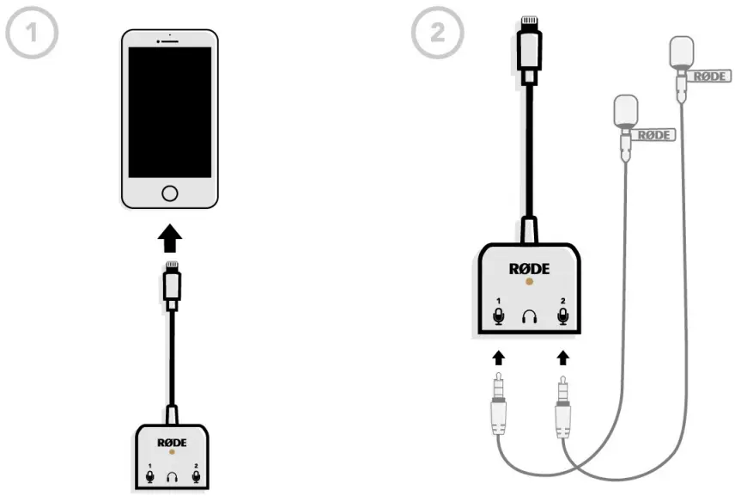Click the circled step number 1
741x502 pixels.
[x=32, y=35]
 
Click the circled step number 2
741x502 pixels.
[x=438, y=35]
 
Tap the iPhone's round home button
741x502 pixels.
[x=170, y=191]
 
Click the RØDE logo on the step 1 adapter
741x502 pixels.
[x=171, y=441]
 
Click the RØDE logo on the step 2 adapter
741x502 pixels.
[x=529, y=269]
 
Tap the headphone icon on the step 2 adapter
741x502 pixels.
[x=529, y=318]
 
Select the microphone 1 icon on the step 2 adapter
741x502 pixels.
[x=498, y=317]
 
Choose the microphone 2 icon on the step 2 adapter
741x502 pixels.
[x=562, y=317]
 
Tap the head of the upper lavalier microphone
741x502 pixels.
[x=681, y=52]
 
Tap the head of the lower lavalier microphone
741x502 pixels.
[x=627, y=111]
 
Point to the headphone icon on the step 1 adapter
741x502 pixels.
[x=171, y=475]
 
